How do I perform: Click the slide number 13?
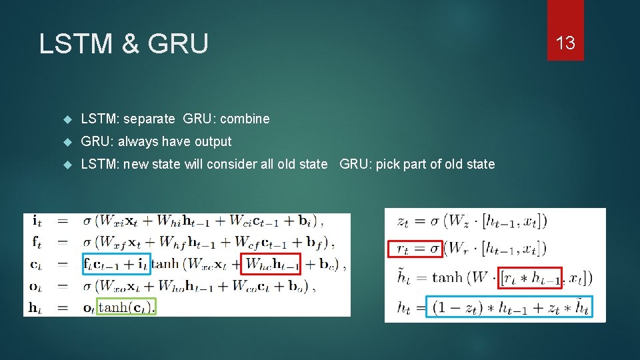point(565,43)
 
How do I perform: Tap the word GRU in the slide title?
point(178,44)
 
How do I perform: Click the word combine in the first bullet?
point(245,119)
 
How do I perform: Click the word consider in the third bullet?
point(231,164)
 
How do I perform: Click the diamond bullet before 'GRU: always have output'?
point(67,141)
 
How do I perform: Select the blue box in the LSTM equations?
point(117,263)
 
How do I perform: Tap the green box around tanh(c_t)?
point(127,307)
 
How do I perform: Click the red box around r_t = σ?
point(415,249)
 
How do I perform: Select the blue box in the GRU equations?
point(509,307)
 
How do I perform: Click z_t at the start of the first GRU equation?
point(403,221)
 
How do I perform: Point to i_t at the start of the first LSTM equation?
point(37,221)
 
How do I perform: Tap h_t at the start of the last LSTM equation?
point(37,307)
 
